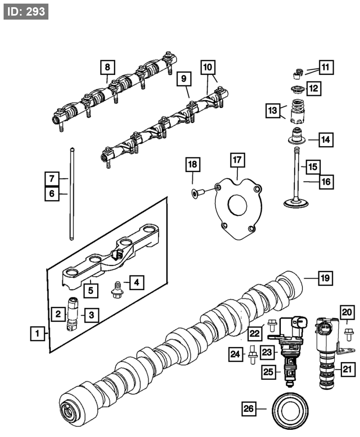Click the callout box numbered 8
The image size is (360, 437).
(107, 67)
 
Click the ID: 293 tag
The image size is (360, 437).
(26, 11)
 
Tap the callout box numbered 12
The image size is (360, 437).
(313, 88)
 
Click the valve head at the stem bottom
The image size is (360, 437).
(295, 202)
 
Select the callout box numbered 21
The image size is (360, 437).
(347, 369)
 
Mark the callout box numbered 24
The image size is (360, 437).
(235, 353)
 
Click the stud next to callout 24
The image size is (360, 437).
(252, 354)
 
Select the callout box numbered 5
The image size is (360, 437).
(91, 290)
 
